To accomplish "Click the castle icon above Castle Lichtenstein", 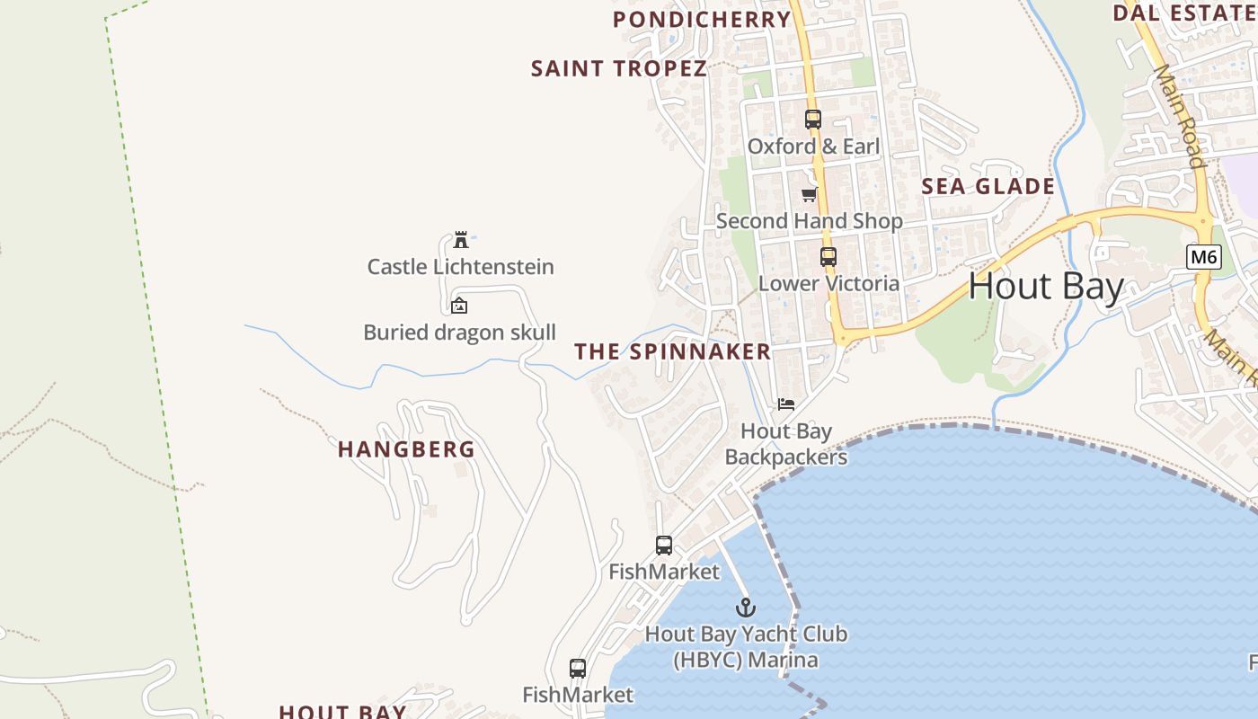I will pyautogui.click(x=461, y=240).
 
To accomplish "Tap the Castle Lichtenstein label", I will pyautogui.click(x=460, y=267).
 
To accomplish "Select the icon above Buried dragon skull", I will pyautogui.click(x=459, y=306).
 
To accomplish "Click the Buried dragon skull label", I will pyautogui.click(x=459, y=333).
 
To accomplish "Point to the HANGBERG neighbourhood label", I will pyautogui.click(x=406, y=449).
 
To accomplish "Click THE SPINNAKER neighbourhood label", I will pyautogui.click(x=673, y=351).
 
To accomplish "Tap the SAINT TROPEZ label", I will pyautogui.click(x=618, y=68).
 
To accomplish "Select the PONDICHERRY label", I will pyautogui.click(x=702, y=19).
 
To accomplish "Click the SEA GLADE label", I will pyautogui.click(x=988, y=186).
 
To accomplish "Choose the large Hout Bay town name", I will pyautogui.click(x=1046, y=287).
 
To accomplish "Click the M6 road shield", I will pyautogui.click(x=1203, y=257).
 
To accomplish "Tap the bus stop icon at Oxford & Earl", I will pyautogui.click(x=812, y=119).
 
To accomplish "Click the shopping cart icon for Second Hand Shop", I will pyautogui.click(x=809, y=194).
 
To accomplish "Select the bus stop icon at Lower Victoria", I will pyautogui.click(x=828, y=256).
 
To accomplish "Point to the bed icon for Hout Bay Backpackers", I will pyautogui.click(x=786, y=404).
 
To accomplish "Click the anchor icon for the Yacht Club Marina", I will pyautogui.click(x=745, y=608).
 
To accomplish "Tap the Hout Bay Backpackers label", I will pyautogui.click(x=786, y=444).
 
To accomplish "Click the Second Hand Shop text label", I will pyautogui.click(x=809, y=221).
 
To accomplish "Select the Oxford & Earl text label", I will pyautogui.click(x=813, y=146).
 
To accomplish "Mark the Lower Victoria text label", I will pyautogui.click(x=828, y=284).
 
